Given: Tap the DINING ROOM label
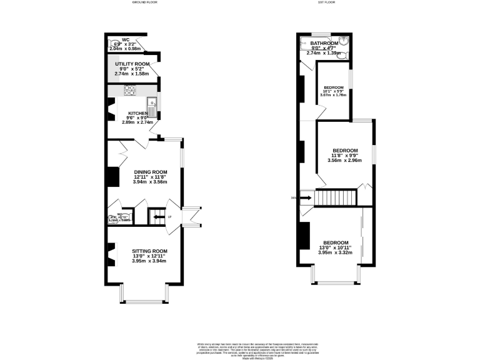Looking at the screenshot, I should point(151,172).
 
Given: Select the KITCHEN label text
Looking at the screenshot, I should point(138,113).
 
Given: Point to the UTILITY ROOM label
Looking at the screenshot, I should point(132,64).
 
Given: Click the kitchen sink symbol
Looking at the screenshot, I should point(152,102).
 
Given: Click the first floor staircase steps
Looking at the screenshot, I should point(334,198).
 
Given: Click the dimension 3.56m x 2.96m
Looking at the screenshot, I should point(344,160).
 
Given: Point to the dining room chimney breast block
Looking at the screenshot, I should point(112,176).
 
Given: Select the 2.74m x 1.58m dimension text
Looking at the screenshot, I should point(132,74).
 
